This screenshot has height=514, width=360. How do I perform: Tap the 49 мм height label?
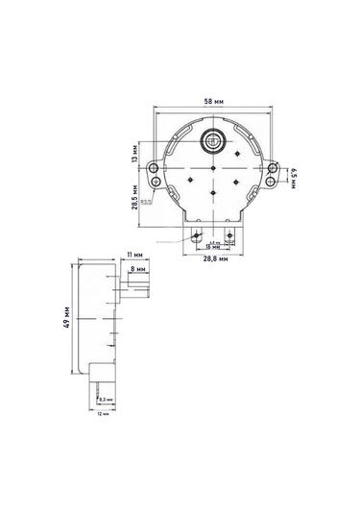tap(65, 317)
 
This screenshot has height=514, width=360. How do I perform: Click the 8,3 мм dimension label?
tap(108, 399)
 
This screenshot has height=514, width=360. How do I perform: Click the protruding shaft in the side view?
tap(134, 289)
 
